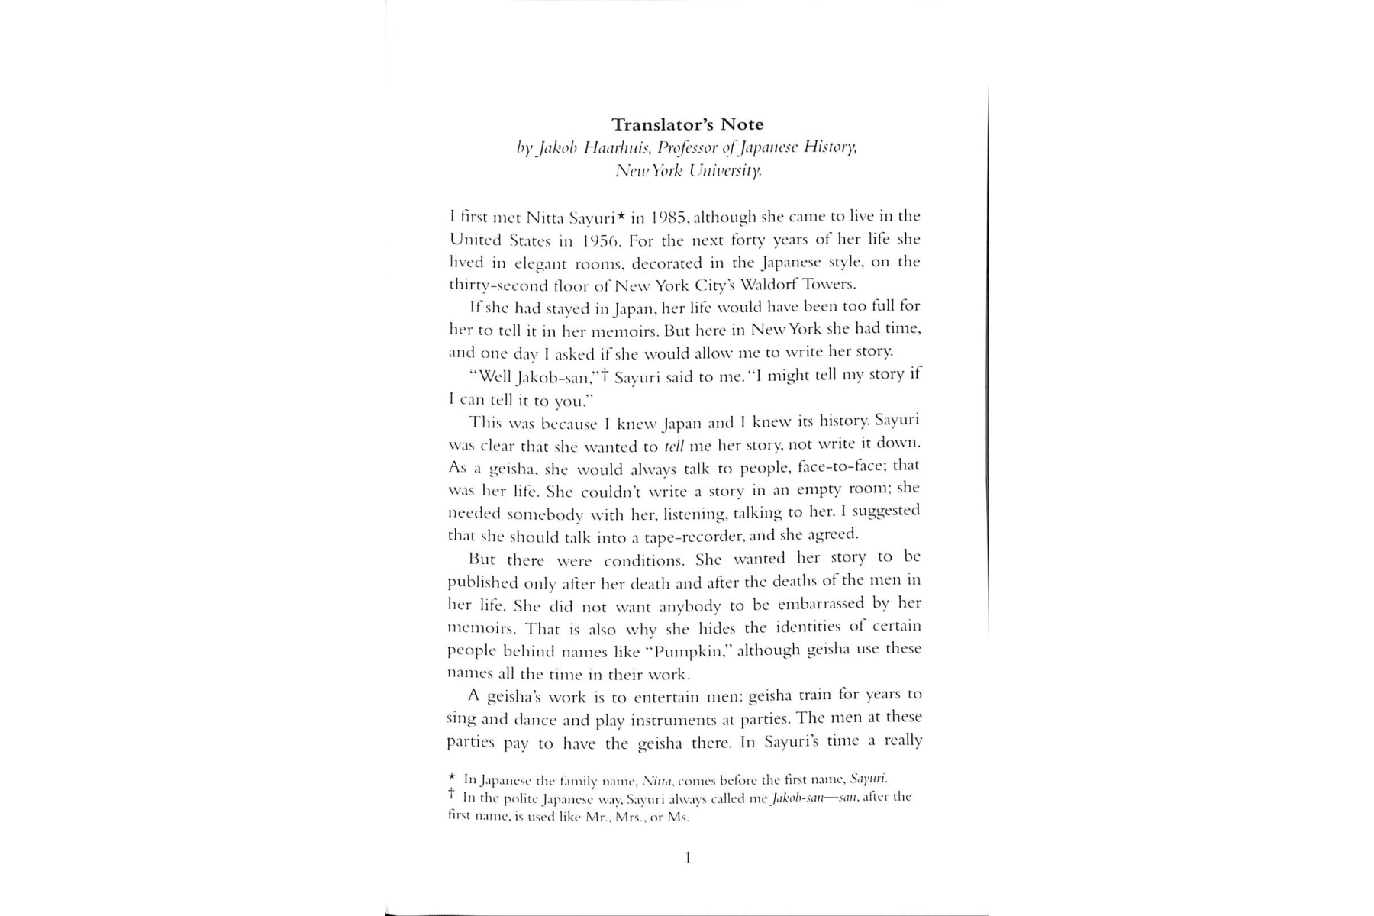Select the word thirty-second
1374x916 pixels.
tap(488, 285)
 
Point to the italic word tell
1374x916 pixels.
tap(674, 446)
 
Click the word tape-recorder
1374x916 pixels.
tap(693, 536)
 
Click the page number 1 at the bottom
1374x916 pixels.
tap(688, 858)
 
